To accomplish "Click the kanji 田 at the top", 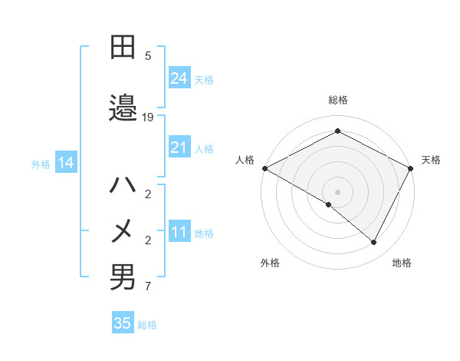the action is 123,48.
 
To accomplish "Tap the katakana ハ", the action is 123,185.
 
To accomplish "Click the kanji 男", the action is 123,277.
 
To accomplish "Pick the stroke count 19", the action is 148,118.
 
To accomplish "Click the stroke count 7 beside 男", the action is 148,287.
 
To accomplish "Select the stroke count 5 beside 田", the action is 148,55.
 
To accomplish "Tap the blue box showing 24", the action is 179,78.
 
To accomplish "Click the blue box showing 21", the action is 179,147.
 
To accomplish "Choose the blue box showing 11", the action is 179,232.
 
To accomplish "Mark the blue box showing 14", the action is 66,163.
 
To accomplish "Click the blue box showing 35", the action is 123,323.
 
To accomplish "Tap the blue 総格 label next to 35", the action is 147,325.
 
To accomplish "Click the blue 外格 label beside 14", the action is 41,164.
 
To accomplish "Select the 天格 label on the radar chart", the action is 431,160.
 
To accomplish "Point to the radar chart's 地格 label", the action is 402,263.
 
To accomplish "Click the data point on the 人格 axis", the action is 264,168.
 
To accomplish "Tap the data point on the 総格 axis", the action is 337,131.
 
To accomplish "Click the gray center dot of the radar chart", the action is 337,191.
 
